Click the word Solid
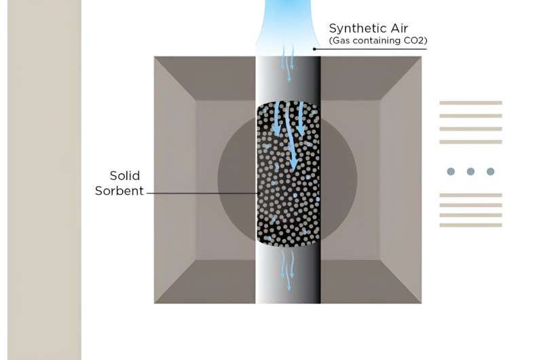125,176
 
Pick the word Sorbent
119,191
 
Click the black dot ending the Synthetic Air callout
314,49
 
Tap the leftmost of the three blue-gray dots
451,172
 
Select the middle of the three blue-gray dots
470,172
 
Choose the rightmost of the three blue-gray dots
490,172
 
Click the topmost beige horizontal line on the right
470,103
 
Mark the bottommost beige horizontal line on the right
470,226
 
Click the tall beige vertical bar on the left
44,180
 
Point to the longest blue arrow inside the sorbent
291,137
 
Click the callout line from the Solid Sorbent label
203,193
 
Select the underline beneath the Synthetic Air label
371,49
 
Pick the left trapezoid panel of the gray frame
175,180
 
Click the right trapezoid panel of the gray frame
400,180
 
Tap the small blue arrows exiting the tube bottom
288,270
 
